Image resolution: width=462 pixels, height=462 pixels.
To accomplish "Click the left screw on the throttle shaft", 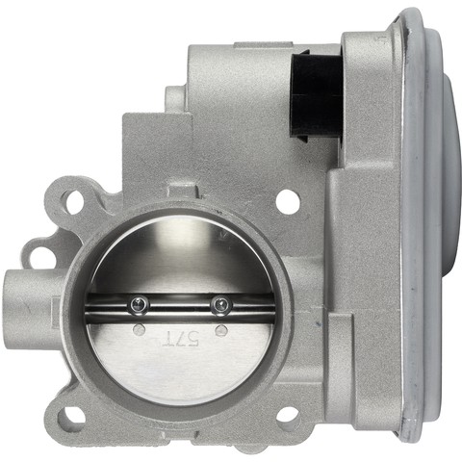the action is coord(140,304).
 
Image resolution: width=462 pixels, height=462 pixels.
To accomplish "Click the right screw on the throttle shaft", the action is coord(220,305).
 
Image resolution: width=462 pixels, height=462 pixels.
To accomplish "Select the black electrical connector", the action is coord(316,96).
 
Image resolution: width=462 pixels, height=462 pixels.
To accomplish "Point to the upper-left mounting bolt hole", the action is coord(74,201).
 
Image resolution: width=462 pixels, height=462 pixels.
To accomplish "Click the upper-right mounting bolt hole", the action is coord(288,201).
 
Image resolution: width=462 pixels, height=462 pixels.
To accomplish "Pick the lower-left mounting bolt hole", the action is coord(71,417).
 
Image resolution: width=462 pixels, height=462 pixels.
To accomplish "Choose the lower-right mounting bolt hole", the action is coord(287,415).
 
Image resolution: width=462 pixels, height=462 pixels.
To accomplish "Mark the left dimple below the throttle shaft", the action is coord(139,329).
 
